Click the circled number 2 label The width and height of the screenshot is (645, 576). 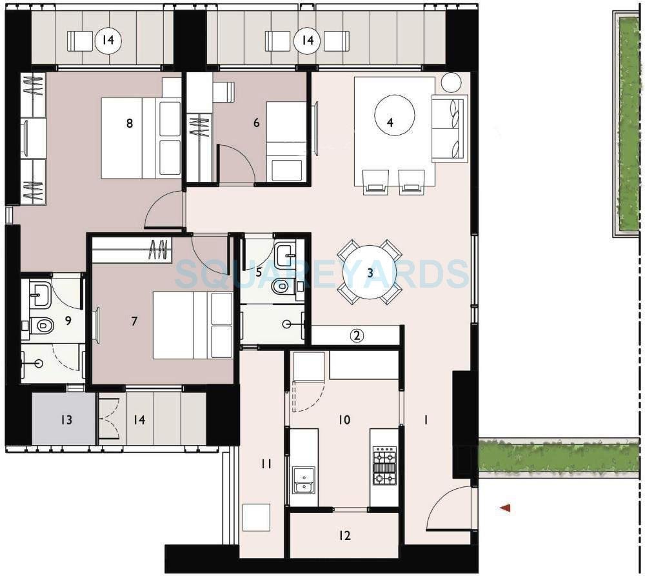(x=357, y=335)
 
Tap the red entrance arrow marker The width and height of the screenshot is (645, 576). (x=506, y=508)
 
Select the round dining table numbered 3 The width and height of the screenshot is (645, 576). (x=370, y=272)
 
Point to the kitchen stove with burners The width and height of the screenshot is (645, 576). (x=384, y=466)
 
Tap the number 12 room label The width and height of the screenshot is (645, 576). (x=344, y=535)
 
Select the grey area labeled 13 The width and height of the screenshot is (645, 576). (x=64, y=420)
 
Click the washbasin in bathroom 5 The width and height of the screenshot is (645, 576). (x=285, y=255)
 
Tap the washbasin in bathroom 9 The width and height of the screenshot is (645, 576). (x=42, y=295)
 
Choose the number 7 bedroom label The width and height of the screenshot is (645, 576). (x=134, y=321)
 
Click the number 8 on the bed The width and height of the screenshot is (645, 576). (x=130, y=123)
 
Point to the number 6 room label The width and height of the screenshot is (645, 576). (x=257, y=123)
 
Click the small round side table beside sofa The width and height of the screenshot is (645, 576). (x=451, y=83)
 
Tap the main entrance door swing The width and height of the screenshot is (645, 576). (x=451, y=510)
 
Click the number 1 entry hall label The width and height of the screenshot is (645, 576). (x=426, y=420)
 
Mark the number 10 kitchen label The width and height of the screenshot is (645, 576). (x=344, y=420)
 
